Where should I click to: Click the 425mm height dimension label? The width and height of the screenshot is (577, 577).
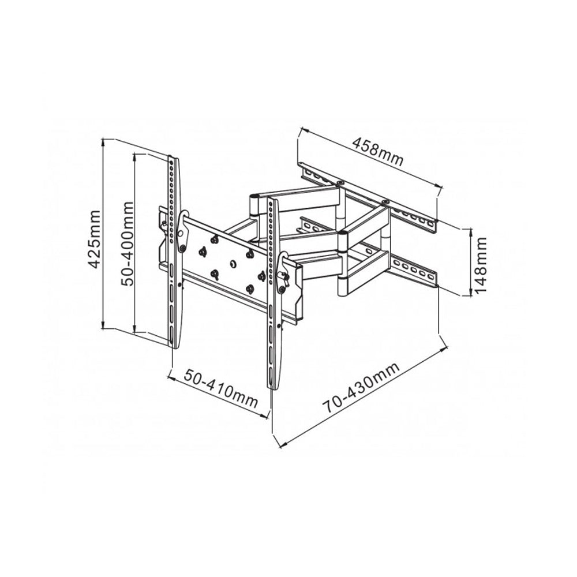click(x=94, y=238)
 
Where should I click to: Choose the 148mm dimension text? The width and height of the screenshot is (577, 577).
click(x=481, y=263)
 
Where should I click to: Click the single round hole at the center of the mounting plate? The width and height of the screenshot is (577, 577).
click(x=233, y=264)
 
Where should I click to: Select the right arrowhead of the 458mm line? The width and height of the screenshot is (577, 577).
click(x=440, y=186)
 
